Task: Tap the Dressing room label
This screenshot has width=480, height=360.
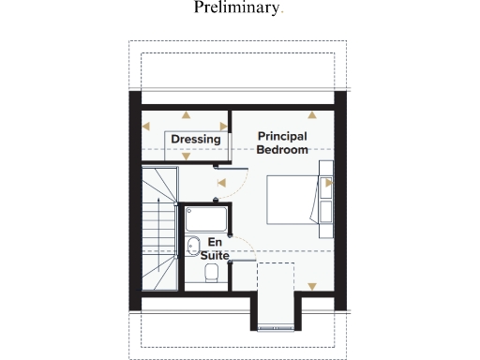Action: (x=196, y=140)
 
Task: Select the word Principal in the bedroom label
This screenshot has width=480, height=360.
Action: (x=282, y=137)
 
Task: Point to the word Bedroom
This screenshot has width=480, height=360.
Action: (x=282, y=150)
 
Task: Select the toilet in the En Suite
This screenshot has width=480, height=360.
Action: (x=211, y=273)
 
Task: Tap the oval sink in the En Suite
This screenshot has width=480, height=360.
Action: (x=192, y=248)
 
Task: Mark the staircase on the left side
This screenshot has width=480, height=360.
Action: (x=159, y=230)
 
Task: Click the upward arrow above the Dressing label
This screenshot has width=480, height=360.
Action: (x=186, y=114)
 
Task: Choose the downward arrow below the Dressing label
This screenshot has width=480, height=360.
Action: (x=186, y=157)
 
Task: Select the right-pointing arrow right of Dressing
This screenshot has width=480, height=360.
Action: (x=223, y=125)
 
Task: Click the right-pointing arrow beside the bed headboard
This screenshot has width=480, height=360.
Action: (x=328, y=184)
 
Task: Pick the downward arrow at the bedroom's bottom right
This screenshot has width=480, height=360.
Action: (x=313, y=286)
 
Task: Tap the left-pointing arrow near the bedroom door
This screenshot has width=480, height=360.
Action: (x=221, y=184)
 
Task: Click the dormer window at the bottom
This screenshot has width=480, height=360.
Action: (x=277, y=327)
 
